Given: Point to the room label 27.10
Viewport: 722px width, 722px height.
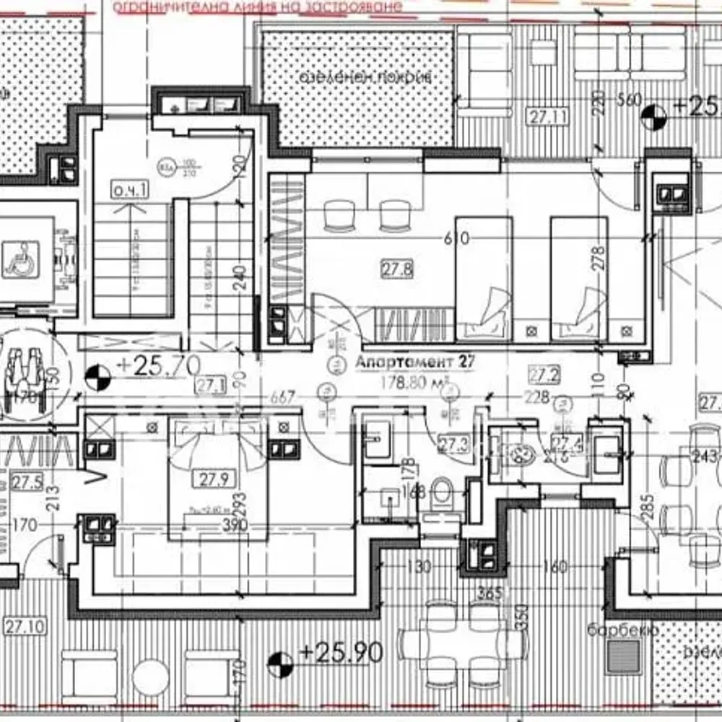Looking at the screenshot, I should pos(25,625).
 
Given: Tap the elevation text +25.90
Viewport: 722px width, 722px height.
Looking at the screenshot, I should pos(340,654).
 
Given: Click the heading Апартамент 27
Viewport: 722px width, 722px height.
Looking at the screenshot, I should pos(416,362).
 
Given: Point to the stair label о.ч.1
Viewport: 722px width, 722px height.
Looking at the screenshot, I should pos(130,190).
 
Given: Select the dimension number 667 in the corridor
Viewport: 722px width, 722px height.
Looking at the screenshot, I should pos(282,397).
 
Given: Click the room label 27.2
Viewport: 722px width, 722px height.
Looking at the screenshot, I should pos(543,375).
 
